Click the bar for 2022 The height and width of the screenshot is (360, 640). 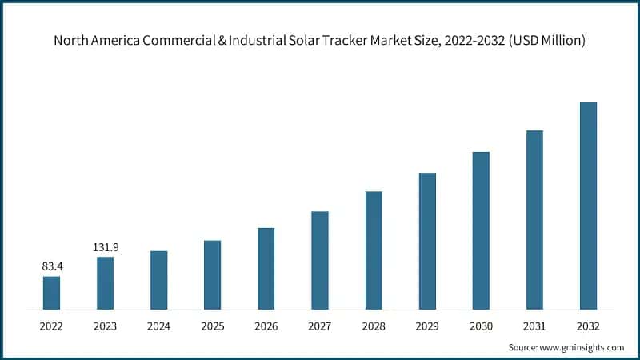(x=51, y=293)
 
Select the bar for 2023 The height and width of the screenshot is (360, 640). (x=105, y=282)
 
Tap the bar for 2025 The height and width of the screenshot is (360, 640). (x=212, y=274)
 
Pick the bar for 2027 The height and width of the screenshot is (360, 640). (x=320, y=260)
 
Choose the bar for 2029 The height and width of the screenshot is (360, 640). (x=427, y=241)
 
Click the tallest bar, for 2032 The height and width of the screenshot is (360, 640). (x=588, y=206)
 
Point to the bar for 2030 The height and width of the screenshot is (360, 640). (x=481, y=230)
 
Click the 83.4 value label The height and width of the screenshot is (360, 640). (x=51, y=266)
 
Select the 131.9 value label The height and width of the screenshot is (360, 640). (x=105, y=246)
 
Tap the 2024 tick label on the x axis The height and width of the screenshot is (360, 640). (x=158, y=326)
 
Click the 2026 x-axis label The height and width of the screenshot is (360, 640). (x=266, y=326)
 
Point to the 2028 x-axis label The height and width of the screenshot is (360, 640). (x=374, y=326)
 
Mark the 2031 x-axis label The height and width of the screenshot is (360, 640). (x=534, y=326)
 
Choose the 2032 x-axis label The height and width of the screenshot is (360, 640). (x=588, y=326)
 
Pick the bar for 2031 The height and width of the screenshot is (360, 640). (x=534, y=219)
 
